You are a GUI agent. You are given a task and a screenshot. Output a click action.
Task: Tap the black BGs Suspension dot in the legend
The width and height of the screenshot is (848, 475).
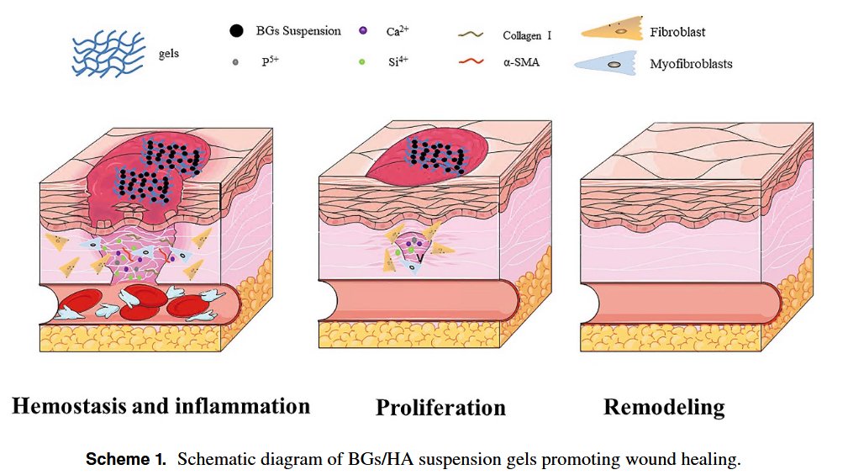point(237,32)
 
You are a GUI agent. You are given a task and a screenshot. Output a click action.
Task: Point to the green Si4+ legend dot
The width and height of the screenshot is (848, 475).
point(361,61)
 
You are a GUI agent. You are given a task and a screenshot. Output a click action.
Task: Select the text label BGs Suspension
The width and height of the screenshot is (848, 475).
point(298,31)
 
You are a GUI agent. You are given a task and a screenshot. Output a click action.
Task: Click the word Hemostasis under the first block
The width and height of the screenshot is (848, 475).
point(66,407)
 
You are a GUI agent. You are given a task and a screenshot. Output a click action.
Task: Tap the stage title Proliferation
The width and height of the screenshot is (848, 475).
point(440,409)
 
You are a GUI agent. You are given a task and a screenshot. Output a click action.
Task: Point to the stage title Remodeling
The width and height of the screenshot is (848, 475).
point(663,408)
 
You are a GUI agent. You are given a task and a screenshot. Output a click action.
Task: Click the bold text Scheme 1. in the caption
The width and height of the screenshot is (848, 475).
point(125,460)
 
